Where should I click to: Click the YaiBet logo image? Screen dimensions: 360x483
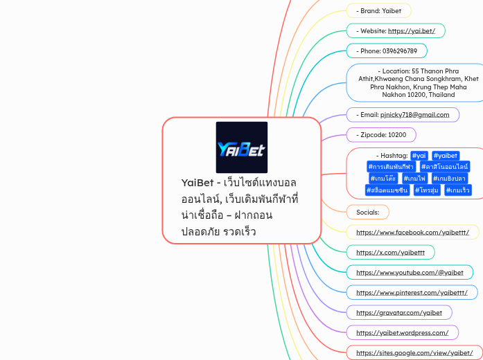pos(241,147)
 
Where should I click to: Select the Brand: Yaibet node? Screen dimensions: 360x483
pos(378,11)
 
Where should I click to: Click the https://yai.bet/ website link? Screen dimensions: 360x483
pos(412,31)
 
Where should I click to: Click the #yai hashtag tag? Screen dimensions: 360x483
pos(419,156)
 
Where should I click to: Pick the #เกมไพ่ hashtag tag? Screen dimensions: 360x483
pos(414,179)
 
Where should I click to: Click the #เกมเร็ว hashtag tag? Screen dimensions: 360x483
pos(458,190)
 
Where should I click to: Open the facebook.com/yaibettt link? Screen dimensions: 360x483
pos(412,232)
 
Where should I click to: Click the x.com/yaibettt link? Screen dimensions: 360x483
pos(390,253)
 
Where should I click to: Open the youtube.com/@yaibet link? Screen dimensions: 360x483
pos(410,273)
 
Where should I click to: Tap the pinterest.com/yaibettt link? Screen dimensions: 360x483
pos(412,293)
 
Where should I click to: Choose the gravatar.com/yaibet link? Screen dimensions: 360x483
pos(398,313)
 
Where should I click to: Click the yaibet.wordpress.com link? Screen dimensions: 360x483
pos(402,333)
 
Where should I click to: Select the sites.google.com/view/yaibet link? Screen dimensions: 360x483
pos(414,353)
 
